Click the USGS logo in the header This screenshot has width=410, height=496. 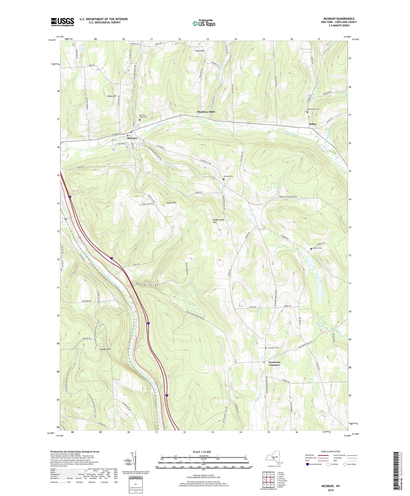coord(62,22)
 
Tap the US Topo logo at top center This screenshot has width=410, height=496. coord(204,23)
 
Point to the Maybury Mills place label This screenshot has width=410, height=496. coord(206,112)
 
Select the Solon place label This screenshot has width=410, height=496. coord(312,124)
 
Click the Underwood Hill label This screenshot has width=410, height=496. coord(219,221)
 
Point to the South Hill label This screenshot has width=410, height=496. coord(171,203)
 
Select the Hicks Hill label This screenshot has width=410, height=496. coord(112,96)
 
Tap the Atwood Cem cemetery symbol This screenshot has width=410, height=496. coord(224,179)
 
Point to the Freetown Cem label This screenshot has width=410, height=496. coord(273,348)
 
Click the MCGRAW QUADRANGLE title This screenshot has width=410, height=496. coord(339,19)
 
